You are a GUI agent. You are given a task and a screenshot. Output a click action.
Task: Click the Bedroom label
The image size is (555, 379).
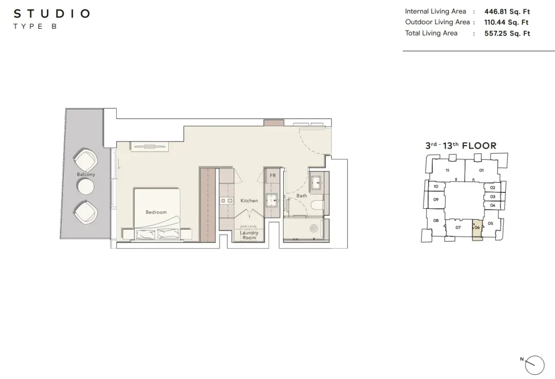coord(156,212)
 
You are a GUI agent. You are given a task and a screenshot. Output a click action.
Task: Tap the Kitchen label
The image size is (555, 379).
coord(249,201)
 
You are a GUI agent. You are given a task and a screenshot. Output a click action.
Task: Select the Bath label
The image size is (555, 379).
coord(302,195)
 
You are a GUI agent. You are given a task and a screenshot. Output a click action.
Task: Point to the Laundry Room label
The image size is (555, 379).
coord(249,235)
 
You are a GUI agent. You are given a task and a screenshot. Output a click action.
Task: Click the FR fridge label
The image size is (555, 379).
coord(272,175)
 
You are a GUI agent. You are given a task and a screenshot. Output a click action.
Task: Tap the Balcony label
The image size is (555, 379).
coord(86,174)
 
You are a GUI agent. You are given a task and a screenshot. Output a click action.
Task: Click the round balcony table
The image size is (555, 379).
coord(86,187)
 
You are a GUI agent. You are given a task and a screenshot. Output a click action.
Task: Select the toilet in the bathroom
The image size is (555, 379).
coord(317,205)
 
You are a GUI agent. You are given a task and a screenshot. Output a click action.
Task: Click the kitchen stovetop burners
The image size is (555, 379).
coord(227,201)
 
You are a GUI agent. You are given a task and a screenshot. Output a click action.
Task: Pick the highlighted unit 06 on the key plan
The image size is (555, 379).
coord(477,230)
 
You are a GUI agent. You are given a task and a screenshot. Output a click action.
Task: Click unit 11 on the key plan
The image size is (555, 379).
coord(448,170)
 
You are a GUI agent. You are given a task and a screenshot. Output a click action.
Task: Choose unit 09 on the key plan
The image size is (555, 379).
coord(436,200)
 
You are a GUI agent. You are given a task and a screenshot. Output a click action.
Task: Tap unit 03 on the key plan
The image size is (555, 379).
coord(492,196)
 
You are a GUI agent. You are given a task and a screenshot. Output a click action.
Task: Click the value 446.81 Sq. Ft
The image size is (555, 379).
coord(507,11)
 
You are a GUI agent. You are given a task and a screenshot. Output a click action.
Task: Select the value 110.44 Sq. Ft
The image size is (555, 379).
coord(506,22)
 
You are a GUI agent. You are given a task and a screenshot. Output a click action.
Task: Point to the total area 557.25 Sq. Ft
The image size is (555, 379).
coord(507,33)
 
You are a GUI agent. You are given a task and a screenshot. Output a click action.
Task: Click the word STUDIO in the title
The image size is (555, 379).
coord(52,14)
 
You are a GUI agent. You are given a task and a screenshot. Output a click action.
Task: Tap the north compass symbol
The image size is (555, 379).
coord(534,365)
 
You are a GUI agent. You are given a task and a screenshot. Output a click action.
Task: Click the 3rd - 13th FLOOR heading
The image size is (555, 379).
coord(461,146)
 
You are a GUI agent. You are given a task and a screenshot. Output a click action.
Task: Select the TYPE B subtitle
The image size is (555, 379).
coord(35,26)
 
